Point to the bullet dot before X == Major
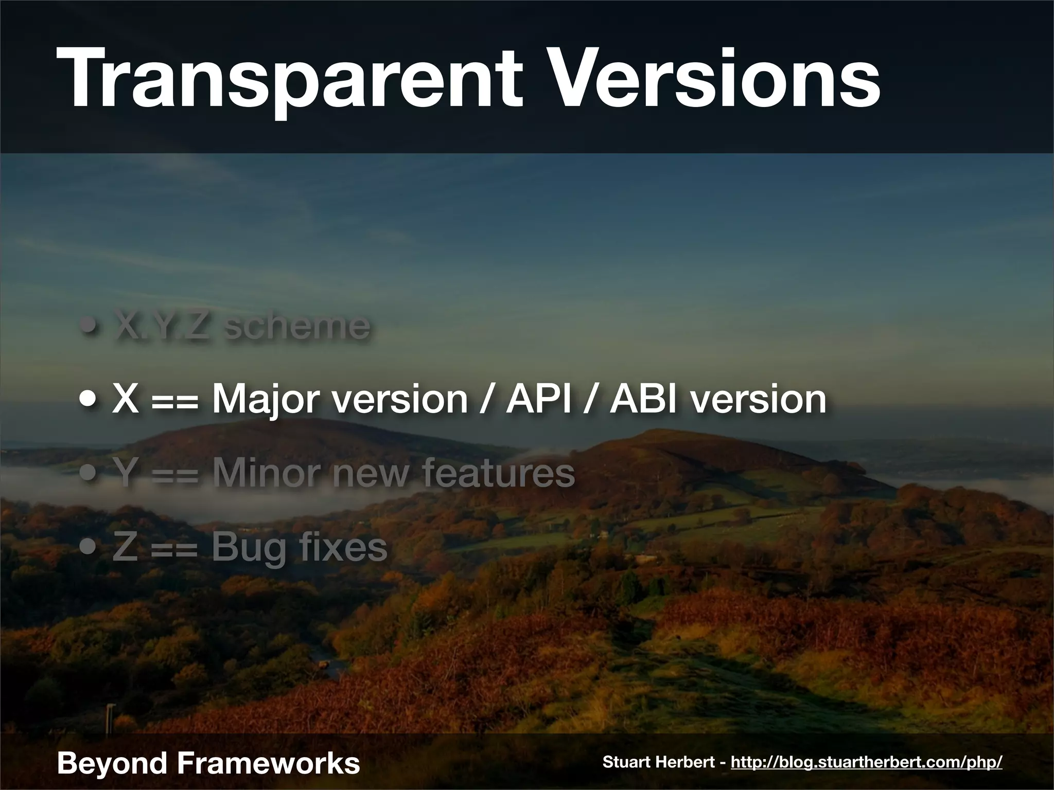(x=90, y=401)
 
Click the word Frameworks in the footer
(x=268, y=763)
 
